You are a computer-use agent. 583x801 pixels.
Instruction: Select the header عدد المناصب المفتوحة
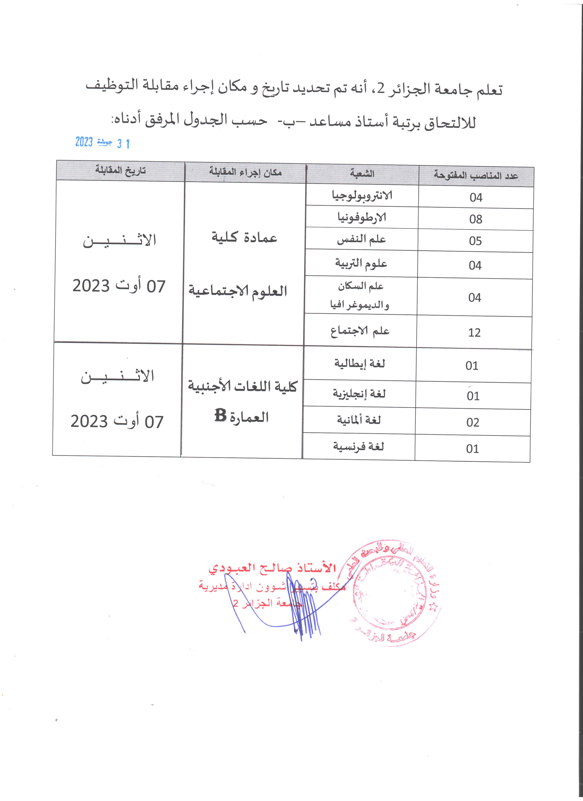pos(476,176)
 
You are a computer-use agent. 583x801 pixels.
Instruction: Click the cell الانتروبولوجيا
pos(362,196)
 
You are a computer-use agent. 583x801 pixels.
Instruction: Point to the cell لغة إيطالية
pos(360,364)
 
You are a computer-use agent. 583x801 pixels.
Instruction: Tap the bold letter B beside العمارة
pos(220,416)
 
